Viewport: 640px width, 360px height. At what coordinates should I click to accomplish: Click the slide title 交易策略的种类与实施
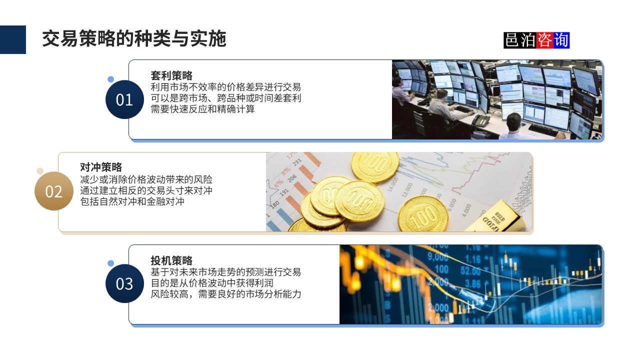tap(134, 38)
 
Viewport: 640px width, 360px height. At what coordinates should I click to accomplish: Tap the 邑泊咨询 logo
tap(536, 40)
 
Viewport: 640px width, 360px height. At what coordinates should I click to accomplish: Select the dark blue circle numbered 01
tap(124, 99)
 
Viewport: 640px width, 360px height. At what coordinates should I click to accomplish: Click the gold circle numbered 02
tap(54, 191)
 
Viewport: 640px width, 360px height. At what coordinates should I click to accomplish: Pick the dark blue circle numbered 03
tap(124, 283)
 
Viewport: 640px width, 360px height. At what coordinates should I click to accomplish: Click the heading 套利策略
tap(171, 76)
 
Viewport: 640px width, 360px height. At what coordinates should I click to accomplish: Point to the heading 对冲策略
tap(101, 167)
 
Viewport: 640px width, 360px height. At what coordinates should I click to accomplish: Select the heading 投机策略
tap(171, 260)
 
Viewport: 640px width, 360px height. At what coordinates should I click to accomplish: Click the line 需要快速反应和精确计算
tap(202, 109)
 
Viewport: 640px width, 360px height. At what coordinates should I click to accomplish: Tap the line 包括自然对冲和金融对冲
tap(132, 202)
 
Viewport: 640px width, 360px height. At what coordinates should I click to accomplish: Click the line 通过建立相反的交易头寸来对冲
tap(146, 191)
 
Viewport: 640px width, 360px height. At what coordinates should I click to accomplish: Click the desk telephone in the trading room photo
tap(481, 120)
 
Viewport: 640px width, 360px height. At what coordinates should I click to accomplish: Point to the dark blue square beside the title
tap(13, 39)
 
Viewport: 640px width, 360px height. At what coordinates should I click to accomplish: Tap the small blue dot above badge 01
tap(111, 79)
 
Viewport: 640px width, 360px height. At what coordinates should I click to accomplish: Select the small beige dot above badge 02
tap(40, 171)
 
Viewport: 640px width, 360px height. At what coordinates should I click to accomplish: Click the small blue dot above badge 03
tap(111, 263)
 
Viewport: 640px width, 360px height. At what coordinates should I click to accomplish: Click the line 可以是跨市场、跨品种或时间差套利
tap(226, 98)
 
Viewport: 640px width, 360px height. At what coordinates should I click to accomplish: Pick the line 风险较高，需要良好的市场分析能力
tap(226, 294)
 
